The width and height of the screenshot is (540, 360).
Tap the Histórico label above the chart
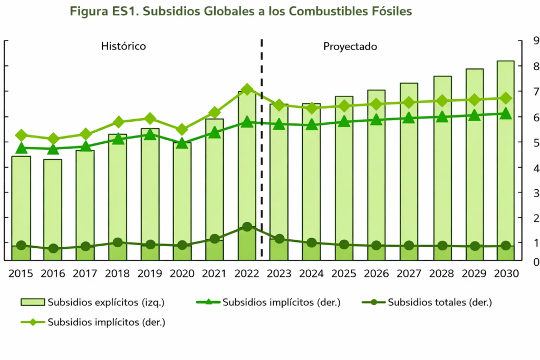pyautogui.click(x=123, y=46)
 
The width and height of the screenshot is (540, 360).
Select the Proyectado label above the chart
pyautogui.click(x=350, y=46)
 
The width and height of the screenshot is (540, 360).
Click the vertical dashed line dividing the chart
pyautogui.click(x=262, y=158)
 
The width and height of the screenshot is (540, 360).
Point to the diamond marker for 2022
pyautogui.click(x=247, y=89)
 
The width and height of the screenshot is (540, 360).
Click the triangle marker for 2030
pyautogui.click(x=506, y=113)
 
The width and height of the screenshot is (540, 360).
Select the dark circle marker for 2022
pyautogui.click(x=247, y=227)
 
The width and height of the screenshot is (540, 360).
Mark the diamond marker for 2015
pyautogui.click(x=21, y=135)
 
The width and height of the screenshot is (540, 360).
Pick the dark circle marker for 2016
pyautogui.click(x=53, y=248)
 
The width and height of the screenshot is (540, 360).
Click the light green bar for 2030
pyautogui.click(x=506, y=158)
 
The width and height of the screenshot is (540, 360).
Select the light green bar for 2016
pyautogui.click(x=53, y=206)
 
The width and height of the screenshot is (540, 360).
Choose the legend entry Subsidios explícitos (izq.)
pyautogui.click(x=92, y=302)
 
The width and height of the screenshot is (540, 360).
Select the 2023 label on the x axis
pyautogui.click(x=279, y=274)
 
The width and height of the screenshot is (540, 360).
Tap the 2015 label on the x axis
pyautogui.click(x=21, y=274)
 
